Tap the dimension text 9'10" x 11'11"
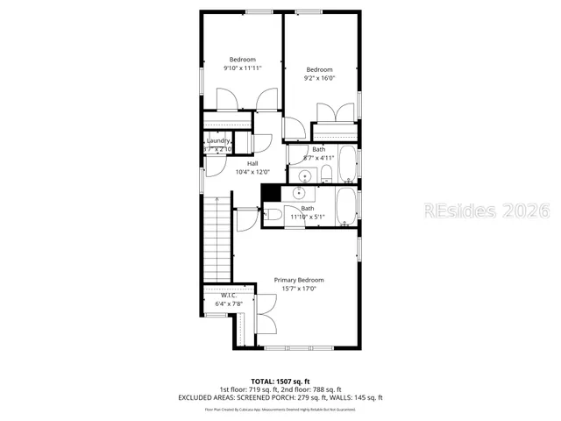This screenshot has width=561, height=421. tap(243, 68)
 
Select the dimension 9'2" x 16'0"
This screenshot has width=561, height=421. tap(319, 78)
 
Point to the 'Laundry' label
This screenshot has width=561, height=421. tap(218, 140)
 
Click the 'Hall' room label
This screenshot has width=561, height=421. tap(252, 163)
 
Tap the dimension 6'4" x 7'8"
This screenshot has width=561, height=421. tap(229, 303)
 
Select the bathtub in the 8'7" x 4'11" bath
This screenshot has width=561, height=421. tap(347, 163)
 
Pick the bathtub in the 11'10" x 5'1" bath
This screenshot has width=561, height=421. tap(347, 207)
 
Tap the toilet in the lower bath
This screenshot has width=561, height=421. tap(274, 210)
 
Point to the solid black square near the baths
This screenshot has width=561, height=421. tap(272, 193)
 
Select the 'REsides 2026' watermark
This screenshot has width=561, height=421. tap(486, 210)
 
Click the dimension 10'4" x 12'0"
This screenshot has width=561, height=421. tap(252, 172)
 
